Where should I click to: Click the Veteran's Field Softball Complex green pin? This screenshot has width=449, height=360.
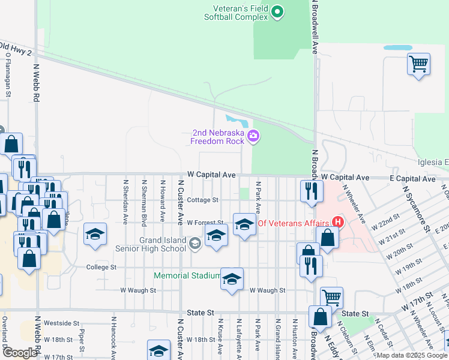(277, 11)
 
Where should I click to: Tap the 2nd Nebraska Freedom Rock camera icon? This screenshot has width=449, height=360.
(253, 137)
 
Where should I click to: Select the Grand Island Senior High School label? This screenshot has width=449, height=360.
(163, 244)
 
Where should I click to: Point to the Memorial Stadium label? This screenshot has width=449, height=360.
(187, 275)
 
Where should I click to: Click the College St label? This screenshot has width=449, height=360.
(101, 267)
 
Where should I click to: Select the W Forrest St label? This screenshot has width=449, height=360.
(205, 223)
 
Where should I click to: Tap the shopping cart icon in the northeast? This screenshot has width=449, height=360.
(418, 63)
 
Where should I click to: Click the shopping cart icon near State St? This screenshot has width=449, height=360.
(331, 296)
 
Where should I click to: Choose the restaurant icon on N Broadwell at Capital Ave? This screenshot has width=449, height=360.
(310, 191)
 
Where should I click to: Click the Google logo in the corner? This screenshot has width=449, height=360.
(20, 353)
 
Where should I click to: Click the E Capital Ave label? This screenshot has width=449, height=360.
(411, 179)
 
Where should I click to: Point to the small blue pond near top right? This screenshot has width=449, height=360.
(398, 47)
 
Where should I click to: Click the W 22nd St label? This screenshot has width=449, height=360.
(384, 225)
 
